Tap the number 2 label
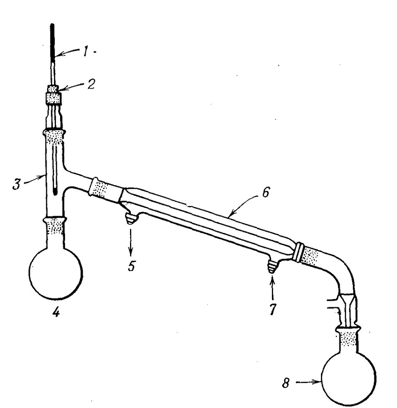click(x=91, y=84)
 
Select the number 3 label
click(x=17, y=184)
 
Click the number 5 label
click(x=132, y=266)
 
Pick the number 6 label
click(x=265, y=193)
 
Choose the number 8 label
click(x=286, y=383)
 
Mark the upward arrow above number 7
click(x=273, y=289)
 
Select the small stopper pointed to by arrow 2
click(x=53, y=89)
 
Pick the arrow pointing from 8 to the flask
click(x=308, y=382)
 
